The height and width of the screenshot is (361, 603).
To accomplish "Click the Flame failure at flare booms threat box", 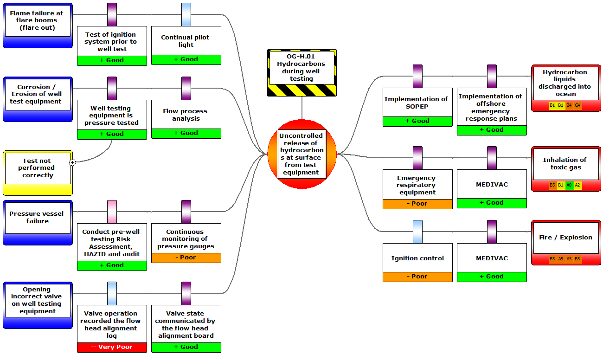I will tap(38, 21).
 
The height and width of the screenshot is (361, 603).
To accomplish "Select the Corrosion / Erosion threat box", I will tap(38, 94).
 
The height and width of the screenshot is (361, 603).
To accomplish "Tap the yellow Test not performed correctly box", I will tap(38, 168).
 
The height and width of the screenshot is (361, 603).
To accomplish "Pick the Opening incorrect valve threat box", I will tap(38, 301).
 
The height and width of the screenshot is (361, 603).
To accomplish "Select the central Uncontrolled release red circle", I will tap(301, 154).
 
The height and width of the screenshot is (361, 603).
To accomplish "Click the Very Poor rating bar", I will tap(112, 347).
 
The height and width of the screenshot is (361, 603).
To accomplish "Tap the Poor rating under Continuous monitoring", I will tap(186, 258).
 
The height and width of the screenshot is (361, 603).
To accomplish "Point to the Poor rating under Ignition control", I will tap(417, 277).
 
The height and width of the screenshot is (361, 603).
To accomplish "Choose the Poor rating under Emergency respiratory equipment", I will tap(417, 204).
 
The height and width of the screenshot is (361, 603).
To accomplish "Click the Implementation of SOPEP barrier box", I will tap(417, 103).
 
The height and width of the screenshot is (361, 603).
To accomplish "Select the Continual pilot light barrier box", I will tap(186, 41).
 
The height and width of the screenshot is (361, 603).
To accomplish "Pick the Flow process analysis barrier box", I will tap(186, 115).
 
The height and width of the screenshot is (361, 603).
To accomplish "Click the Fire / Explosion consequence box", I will tap(565, 238).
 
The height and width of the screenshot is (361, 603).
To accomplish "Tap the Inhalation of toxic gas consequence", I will tap(565, 164).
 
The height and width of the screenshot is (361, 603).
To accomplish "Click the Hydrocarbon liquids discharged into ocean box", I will tap(565, 83).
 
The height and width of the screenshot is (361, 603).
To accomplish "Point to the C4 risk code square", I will tap(577, 105).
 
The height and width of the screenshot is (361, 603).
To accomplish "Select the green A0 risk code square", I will tap(569, 185).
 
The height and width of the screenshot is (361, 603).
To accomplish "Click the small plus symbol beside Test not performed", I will tap(73, 162).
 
